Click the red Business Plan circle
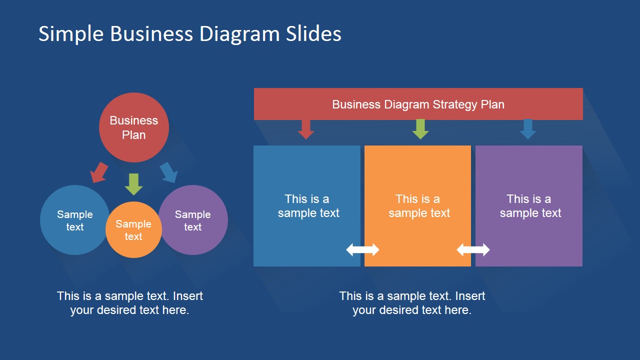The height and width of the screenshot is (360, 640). [133, 127]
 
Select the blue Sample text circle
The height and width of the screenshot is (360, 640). [74, 220]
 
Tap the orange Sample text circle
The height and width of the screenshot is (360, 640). [133, 230]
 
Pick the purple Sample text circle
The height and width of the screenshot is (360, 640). [193, 220]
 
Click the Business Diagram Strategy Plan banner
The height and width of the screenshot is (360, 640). [418, 104]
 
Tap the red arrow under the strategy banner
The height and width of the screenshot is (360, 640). [305, 129]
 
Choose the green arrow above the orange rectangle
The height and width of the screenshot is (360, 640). [420, 129]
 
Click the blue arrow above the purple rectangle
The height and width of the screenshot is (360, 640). [527, 129]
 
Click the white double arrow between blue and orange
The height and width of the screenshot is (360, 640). [362, 249]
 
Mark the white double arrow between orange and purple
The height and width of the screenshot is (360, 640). [473, 249]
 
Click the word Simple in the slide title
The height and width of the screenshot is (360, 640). [71, 34]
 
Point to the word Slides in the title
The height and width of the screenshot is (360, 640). [313, 34]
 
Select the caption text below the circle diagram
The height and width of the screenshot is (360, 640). [129, 302]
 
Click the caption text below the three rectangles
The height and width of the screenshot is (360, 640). [412, 302]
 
